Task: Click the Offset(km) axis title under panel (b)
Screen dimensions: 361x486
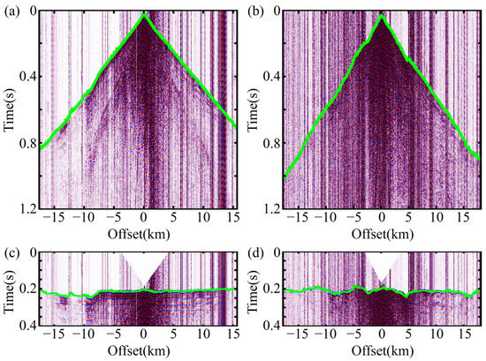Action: pos(381,237)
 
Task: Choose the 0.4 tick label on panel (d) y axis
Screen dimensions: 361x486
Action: pos(267,326)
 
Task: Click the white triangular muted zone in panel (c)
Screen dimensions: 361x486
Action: pos(142,265)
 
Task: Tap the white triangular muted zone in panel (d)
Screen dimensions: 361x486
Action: pos(381,265)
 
